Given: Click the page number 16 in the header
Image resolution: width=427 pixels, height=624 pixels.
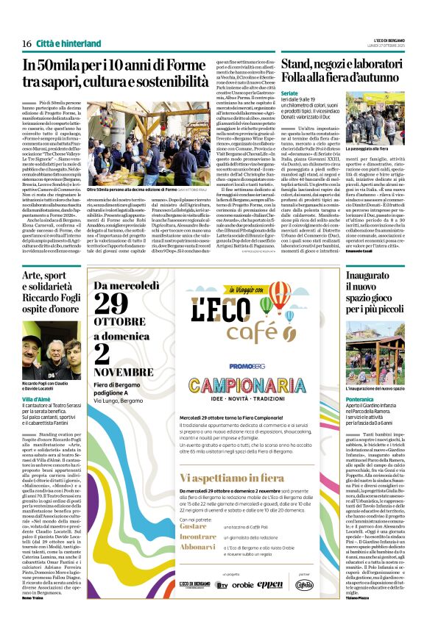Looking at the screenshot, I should coord(26,43).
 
